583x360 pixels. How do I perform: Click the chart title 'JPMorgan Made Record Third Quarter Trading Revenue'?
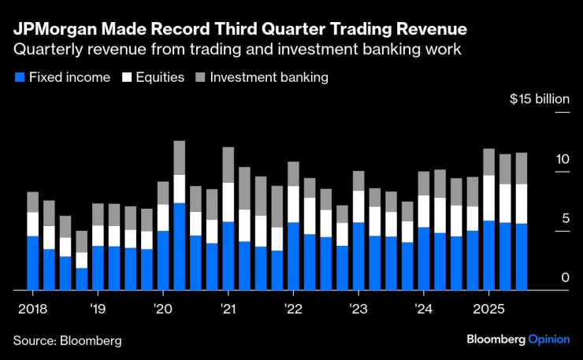pos(240,29)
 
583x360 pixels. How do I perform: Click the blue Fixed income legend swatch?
pos(19,77)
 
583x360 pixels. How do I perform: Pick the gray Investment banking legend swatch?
pos(200,77)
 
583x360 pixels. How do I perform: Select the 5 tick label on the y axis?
pos(565,218)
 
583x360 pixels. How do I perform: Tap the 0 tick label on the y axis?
pos(565,277)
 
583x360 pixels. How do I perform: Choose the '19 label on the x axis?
pos(98,307)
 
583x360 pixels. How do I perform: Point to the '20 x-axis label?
pos(163,307)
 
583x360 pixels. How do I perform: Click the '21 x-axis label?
pos(228,307)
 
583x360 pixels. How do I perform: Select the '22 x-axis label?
pos(293,307)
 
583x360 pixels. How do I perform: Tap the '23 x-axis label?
pos(358,307)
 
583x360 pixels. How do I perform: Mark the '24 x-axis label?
pos(423,307)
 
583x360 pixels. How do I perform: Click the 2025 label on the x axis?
pos(488,307)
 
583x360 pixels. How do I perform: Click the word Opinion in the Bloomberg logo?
pos(548,340)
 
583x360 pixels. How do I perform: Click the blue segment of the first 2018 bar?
pos(32,263)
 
